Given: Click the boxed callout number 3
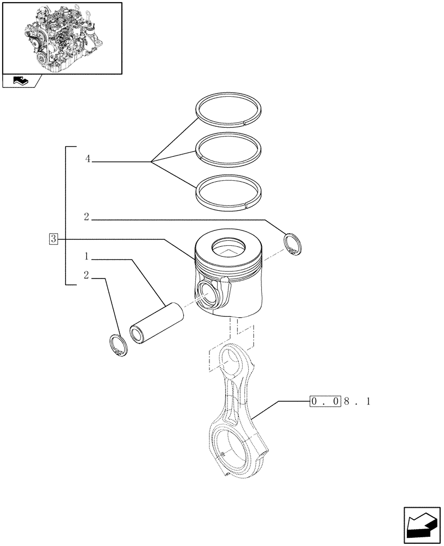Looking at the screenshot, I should (53, 239).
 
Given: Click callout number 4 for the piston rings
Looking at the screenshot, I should (88, 159).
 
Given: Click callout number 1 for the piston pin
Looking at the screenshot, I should (87, 257).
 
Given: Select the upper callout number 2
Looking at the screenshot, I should (87, 217).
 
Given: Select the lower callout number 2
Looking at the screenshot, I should (87, 275).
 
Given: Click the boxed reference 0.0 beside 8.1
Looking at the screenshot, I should (325, 402).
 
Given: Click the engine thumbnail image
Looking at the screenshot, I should (62, 38).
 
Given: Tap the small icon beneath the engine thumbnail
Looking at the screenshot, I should (21, 81).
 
